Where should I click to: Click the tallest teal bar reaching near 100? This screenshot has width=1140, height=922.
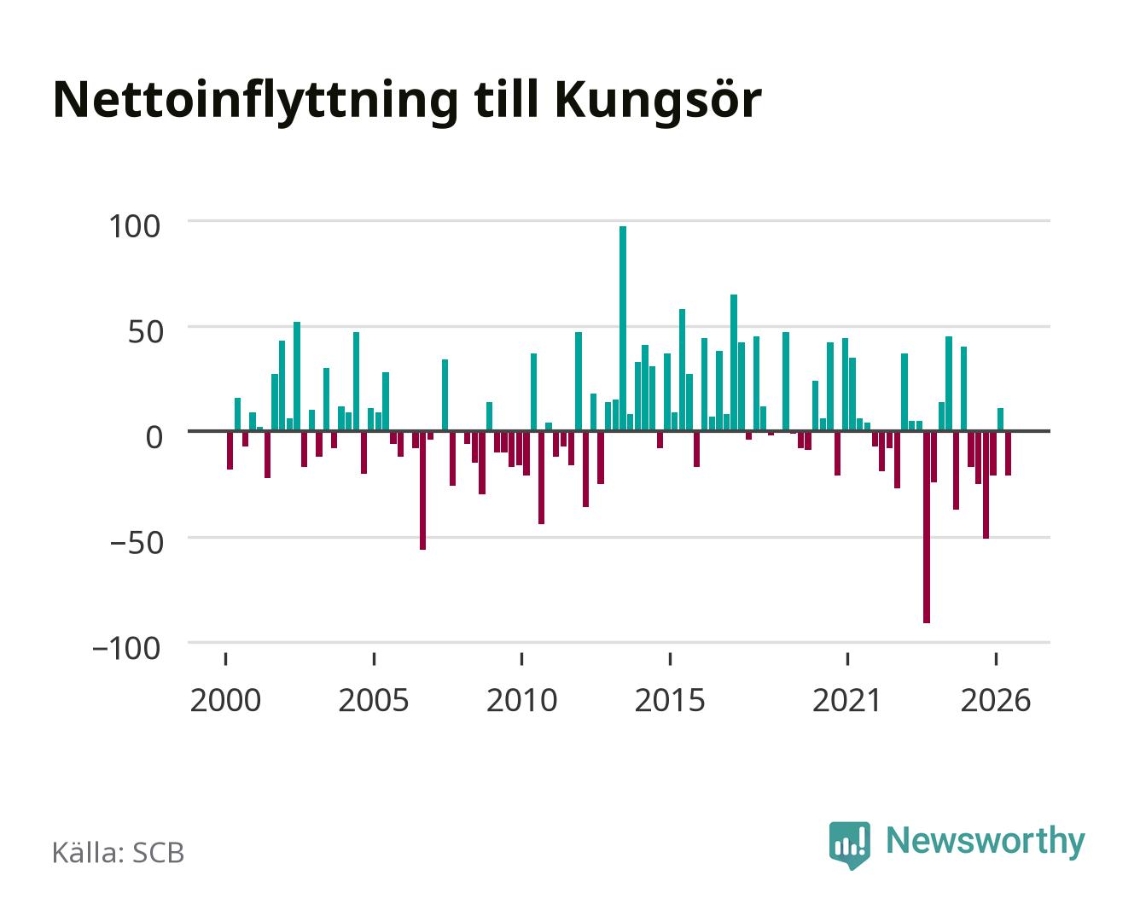622,328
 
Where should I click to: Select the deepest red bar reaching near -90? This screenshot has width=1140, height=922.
927,527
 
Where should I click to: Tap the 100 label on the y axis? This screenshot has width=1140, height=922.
134,226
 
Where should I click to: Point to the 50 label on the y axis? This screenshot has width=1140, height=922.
145,332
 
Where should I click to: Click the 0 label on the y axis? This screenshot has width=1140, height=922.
154,437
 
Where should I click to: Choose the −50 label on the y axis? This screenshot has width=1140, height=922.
136,543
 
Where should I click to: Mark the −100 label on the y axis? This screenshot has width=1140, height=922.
126,649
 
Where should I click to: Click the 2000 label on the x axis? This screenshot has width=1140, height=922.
225,700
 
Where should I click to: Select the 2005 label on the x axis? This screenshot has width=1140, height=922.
374,700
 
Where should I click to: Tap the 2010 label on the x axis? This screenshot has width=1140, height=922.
522,700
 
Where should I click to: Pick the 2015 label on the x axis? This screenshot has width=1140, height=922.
670,700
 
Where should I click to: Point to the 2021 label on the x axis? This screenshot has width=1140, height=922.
847,700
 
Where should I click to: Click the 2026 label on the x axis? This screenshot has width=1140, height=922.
996,700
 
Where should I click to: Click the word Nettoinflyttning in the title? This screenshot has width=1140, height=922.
256,102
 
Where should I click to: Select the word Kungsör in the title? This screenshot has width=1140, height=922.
658,102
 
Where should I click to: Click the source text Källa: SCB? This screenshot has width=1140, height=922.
119,853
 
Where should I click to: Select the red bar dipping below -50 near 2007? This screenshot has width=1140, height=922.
422,490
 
